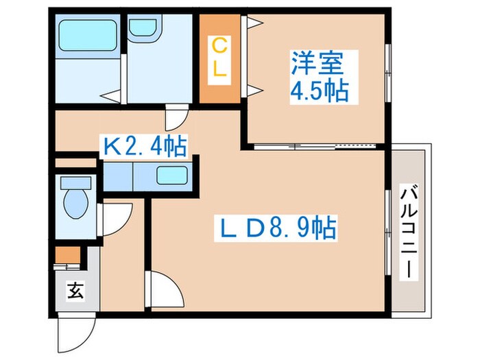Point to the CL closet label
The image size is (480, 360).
pyautogui.click(x=219, y=58)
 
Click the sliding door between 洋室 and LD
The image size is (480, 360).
pyautogui.click(x=315, y=146)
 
